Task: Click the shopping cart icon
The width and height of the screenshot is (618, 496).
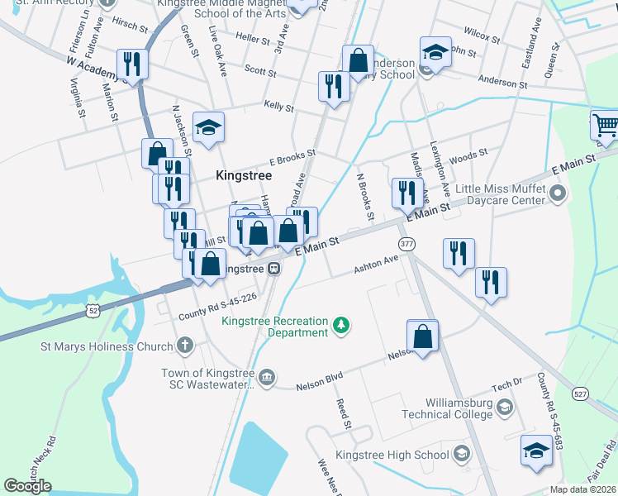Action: coord(605,126)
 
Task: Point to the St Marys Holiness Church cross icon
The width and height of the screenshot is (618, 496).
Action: coord(185,346)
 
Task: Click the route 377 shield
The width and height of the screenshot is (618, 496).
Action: coord(406,245)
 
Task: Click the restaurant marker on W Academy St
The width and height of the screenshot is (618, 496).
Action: coord(132,64)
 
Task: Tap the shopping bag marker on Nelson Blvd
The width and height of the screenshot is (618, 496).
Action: coord(422,336)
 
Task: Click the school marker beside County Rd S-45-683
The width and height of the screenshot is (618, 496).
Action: coord(535,451)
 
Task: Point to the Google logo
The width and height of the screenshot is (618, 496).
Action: coord(28,485)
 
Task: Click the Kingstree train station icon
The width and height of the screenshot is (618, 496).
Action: coord(272,269)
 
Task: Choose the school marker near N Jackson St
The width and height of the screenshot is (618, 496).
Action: coord(208,128)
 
